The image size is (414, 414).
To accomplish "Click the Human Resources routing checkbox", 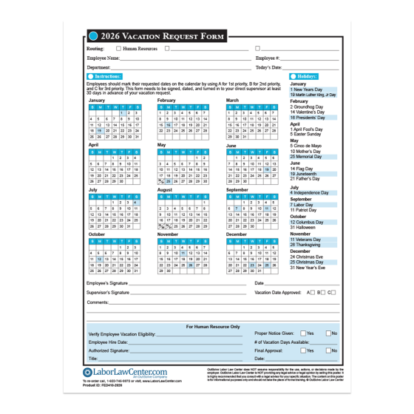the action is pyautogui.click(x=118, y=48).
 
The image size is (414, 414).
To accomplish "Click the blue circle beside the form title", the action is pyautogui.click(x=93, y=35).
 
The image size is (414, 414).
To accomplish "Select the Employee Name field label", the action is pyautogui.click(x=103, y=58).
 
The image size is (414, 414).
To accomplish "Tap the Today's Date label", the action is pyautogui.click(x=271, y=67).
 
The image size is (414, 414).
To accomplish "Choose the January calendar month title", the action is pyautogui.click(x=97, y=100).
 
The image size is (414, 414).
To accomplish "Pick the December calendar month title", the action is pyautogui.click(x=237, y=234).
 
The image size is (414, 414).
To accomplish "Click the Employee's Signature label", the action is pyautogui.click(x=107, y=283).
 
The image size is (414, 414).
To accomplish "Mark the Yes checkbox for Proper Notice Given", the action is pyautogui.click(x=302, y=333).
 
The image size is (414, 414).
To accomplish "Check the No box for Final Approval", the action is pyautogui.click(x=328, y=350).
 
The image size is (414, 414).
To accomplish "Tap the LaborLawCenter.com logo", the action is pyautogui.click(x=125, y=372).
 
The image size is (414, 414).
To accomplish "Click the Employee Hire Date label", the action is pyautogui.click(x=108, y=342).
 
